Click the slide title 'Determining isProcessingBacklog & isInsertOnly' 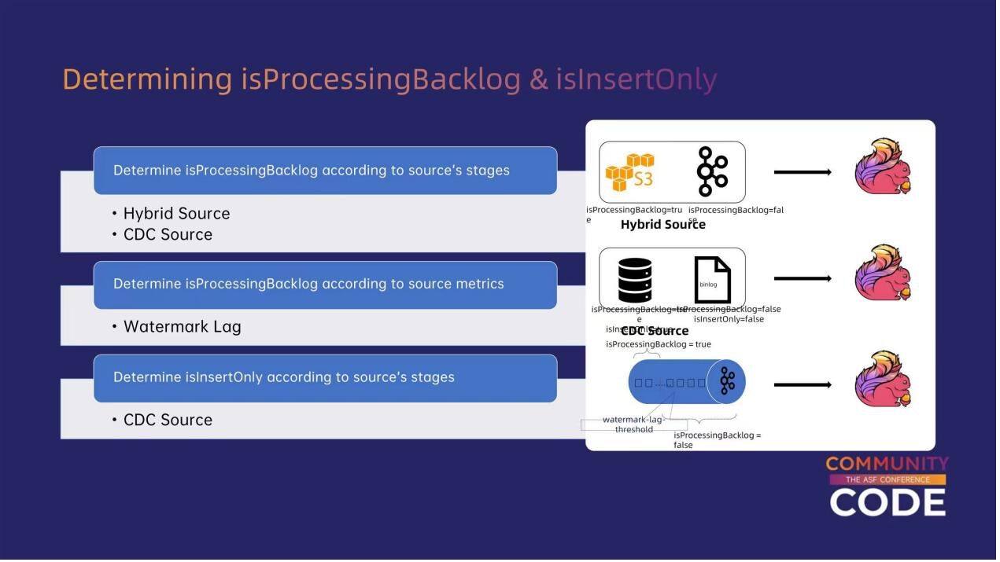tap(389, 79)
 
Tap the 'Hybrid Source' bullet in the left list tap(176, 214)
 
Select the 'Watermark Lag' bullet tap(182, 327)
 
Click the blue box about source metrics tap(325, 285)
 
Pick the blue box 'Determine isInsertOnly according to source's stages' tap(325, 378)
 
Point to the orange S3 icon tap(629, 172)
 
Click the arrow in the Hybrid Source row tap(803, 172)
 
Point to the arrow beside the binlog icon tap(803, 278)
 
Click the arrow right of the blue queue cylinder tap(803, 385)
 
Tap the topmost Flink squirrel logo tap(883, 167)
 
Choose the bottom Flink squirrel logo tap(883, 380)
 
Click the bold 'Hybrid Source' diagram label tap(662, 225)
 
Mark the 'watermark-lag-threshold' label tap(634, 424)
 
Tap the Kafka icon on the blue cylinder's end tap(727, 382)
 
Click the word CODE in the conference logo tap(887, 503)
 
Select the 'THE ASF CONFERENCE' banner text tap(887, 479)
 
